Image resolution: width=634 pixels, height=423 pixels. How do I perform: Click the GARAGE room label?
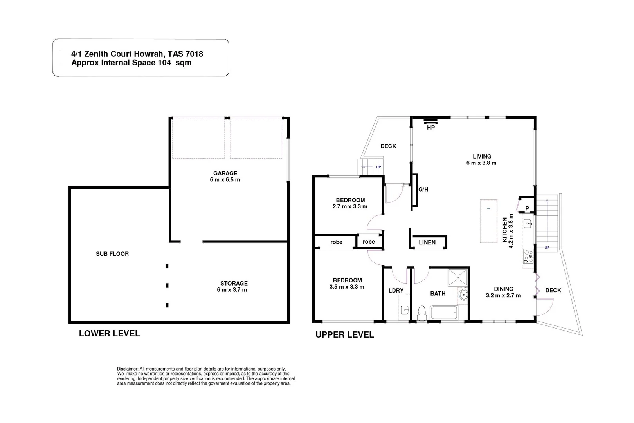click(225, 173)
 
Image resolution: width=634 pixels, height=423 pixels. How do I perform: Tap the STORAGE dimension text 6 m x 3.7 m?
click(232, 290)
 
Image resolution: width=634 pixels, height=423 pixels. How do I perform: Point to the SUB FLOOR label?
click(112, 254)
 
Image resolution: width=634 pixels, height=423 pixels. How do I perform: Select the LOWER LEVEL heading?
click(109, 334)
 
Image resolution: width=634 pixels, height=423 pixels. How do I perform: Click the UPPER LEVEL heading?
click(344, 335)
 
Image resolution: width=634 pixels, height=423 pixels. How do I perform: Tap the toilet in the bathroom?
click(421, 312)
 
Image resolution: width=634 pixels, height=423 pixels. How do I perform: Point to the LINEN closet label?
click(427, 242)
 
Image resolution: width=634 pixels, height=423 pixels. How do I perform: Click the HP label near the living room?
click(430, 128)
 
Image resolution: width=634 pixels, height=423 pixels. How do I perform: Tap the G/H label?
click(423, 189)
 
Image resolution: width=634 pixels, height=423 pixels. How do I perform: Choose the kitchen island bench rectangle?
click(489, 221)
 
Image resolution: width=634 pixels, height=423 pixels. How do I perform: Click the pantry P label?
click(527, 208)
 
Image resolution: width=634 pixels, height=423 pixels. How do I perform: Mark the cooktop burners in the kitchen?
click(528, 256)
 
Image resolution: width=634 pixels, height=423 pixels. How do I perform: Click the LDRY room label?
click(396, 291)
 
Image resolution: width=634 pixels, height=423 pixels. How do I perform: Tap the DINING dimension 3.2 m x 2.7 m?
click(503, 296)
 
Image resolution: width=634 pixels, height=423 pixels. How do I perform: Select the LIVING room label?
click(482, 156)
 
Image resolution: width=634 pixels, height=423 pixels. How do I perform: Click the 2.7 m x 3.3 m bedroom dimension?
click(350, 206)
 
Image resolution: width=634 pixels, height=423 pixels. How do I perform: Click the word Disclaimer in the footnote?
click(128, 369)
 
